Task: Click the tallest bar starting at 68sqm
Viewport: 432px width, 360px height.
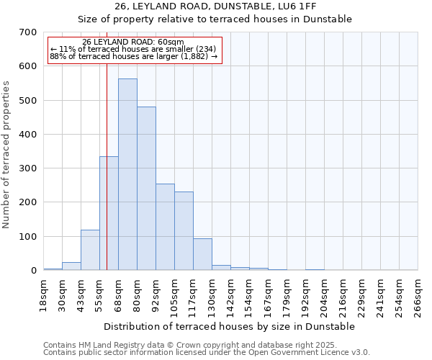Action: [127, 174]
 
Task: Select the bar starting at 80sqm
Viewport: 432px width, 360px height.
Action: [146, 189]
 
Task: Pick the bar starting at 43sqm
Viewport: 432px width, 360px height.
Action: [90, 250]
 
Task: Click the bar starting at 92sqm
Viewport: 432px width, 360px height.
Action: [165, 227]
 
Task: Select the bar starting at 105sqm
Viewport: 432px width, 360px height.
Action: [184, 231]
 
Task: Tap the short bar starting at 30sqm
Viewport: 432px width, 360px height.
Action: [71, 266]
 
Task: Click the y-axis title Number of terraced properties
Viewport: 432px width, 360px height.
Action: [6, 155]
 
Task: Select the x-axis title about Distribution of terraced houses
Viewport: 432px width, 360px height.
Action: [230, 327]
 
